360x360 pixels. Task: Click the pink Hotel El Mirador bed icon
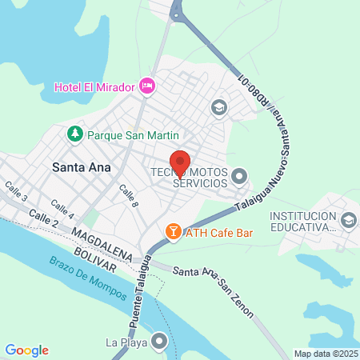click(x=146, y=85)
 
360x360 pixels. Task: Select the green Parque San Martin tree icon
click(x=76, y=134)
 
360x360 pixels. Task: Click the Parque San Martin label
click(x=133, y=135)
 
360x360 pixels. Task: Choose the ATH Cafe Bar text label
click(x=219, y=233)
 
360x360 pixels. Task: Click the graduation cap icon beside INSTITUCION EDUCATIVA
click(x=348, y=219)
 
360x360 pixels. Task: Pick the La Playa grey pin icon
click(x=161, y=342)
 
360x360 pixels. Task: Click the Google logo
click(x=26, y=350)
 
